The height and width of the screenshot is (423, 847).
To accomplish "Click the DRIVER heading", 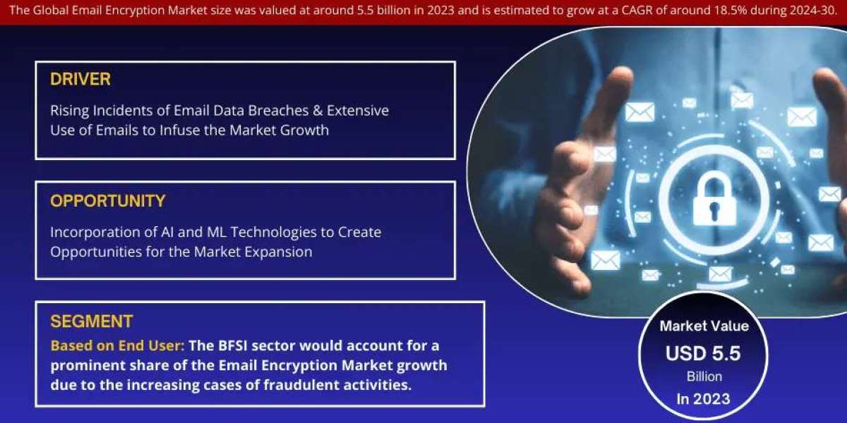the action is point(80,79).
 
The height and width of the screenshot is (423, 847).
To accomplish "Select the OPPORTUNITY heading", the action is point(108,201).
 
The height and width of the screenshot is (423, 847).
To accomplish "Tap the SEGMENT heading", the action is point(92,321).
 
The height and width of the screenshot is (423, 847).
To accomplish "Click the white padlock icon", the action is point(714,198).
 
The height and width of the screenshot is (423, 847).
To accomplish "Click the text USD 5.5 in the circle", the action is point(703,353).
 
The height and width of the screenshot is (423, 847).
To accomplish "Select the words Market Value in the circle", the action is point(704,326).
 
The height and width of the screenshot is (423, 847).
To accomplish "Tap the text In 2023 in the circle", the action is point(703,399).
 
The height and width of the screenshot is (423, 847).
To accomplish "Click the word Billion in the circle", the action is point(704,376).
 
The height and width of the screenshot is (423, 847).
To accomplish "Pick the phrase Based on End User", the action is point(117,345).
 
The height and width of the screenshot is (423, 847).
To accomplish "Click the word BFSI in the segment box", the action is point(233,345).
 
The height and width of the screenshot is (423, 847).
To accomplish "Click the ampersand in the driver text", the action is point(318,111).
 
